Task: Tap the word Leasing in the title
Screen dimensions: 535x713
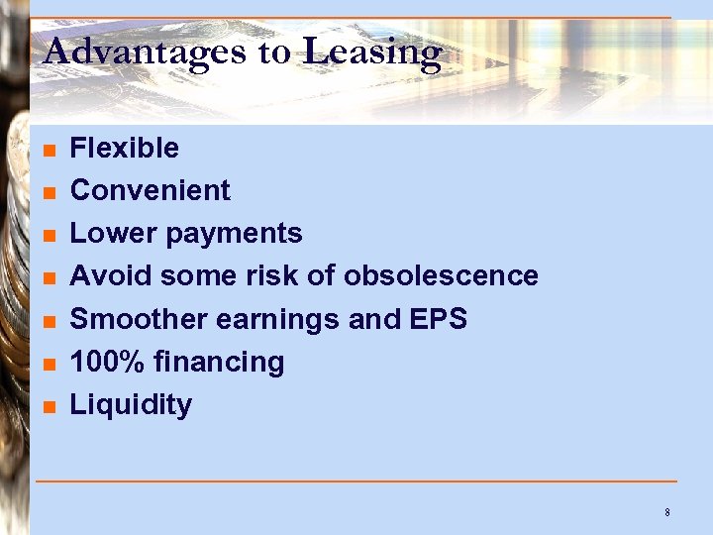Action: click(371, 51)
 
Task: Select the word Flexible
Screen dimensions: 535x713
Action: click(125, 149)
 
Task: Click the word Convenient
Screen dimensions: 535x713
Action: click(151, 190)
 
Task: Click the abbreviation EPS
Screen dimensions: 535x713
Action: click(436, 319)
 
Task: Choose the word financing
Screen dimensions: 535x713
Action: click(218, 363)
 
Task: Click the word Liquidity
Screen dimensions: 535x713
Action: click(131, 405)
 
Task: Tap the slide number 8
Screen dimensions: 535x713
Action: click(667, 512)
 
